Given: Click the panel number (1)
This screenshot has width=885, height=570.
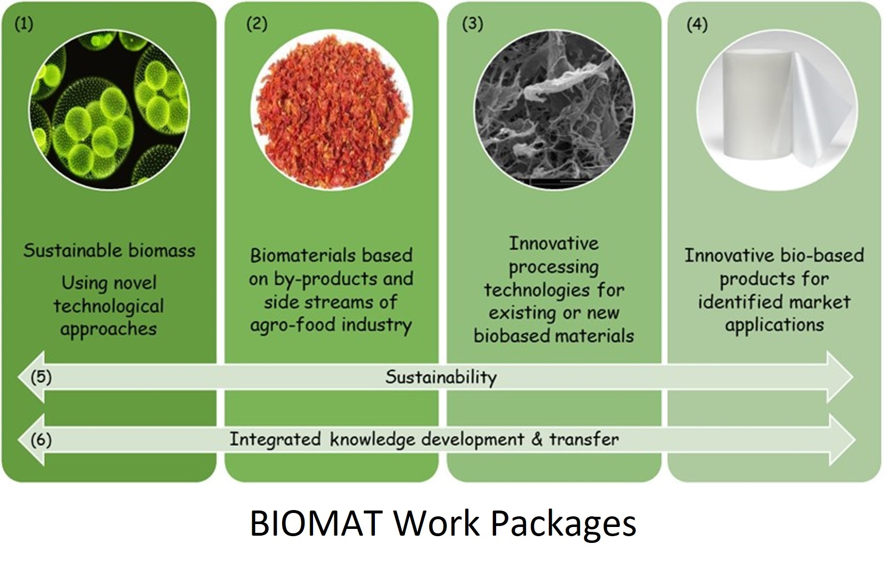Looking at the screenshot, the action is (x=24, y=24).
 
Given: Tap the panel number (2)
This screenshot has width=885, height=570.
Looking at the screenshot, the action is (x=257, y=24).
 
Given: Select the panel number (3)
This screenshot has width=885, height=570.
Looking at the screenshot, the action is (x=472, y=24).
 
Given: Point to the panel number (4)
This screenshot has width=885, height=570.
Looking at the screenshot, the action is (x=697, y=24).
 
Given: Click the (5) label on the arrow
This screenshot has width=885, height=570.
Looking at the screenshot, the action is (x=41, y=377).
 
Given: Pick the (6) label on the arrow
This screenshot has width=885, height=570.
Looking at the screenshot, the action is (x=41, y=440).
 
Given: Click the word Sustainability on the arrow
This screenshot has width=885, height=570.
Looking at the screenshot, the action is (x=441, y=377).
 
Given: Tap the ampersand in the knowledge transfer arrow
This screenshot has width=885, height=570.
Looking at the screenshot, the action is (x=536, y=439).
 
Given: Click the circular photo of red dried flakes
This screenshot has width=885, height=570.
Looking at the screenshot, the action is (x=332, y=108).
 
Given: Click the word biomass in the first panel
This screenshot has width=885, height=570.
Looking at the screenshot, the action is (x=162, y=250).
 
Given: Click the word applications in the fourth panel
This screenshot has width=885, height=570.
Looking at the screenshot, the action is (x=774, y=325).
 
